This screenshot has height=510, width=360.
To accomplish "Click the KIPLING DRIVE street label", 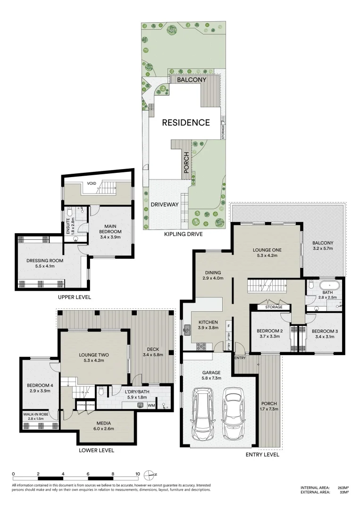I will click(183, 234).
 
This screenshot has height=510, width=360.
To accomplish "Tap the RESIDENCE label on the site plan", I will click(186, 123).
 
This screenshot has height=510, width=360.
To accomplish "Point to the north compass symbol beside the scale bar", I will click(150, 474).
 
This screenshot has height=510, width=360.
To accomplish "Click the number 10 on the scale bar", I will click(138, 474).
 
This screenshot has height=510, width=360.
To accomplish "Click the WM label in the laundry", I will click(151, 405).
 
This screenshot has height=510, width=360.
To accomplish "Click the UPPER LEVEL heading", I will click(74, 297).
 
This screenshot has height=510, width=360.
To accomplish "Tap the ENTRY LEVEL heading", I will click(262, 455).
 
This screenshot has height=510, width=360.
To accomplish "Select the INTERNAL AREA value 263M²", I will click(343, 487).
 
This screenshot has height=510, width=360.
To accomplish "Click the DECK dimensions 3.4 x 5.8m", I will click(152, 355).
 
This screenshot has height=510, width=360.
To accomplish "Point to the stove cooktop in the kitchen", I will click(201, 346).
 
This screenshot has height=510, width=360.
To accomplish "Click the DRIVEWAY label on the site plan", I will click(164, 204).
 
